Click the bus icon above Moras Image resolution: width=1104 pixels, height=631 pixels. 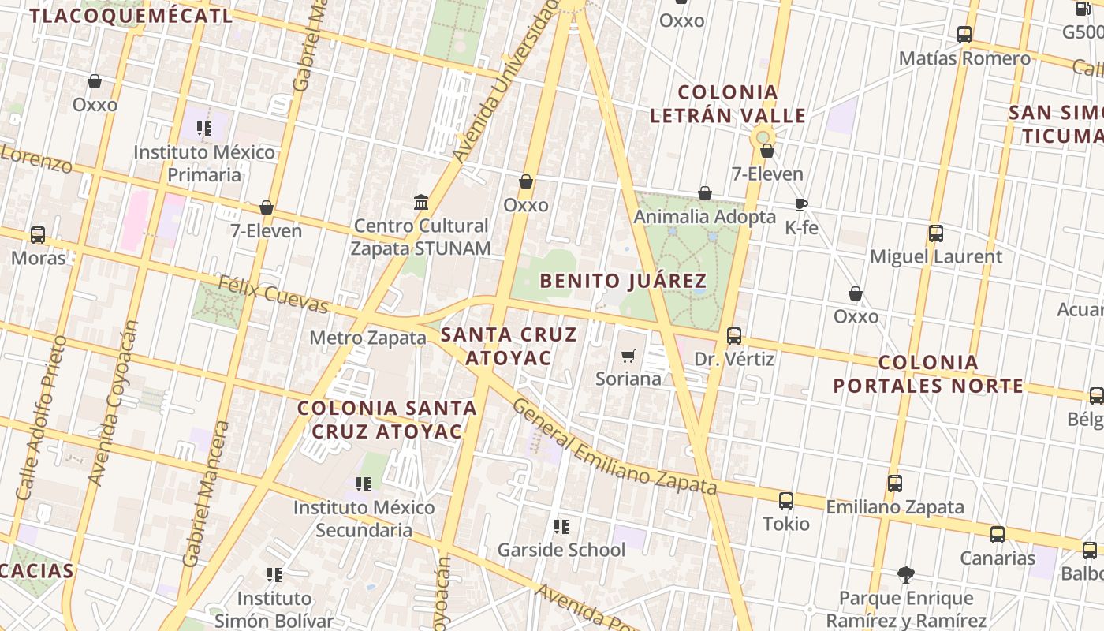(38, 234)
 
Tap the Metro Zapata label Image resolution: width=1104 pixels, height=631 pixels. (367, 338)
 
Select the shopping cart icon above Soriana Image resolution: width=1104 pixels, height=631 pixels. (628, 357)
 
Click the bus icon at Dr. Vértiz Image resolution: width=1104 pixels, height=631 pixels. (734, 336)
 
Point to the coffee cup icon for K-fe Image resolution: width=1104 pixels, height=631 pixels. (801, 205)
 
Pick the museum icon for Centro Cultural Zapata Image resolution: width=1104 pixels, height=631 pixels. (421, 203)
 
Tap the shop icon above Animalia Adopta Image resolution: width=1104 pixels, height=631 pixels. (705, 193)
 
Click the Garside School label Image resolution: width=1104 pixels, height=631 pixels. (561, 550)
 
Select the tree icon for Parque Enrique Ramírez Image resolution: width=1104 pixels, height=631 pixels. (905, 575)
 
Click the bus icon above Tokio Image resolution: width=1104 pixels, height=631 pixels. (786, 500)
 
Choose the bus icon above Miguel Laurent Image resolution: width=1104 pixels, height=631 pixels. (936, 233)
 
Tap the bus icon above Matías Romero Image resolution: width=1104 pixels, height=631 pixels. (964, 35)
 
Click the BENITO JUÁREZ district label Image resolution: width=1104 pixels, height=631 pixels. (623, 281)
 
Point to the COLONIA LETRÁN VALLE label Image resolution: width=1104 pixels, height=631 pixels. (728, 104)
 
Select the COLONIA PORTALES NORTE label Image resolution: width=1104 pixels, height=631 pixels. (928, 374)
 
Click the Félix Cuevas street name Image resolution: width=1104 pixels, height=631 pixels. (273, 293)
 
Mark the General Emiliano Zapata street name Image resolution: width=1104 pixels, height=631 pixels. (614, 446)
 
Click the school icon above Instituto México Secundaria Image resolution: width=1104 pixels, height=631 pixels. (364, 484)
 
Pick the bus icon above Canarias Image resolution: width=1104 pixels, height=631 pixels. (998, 535)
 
